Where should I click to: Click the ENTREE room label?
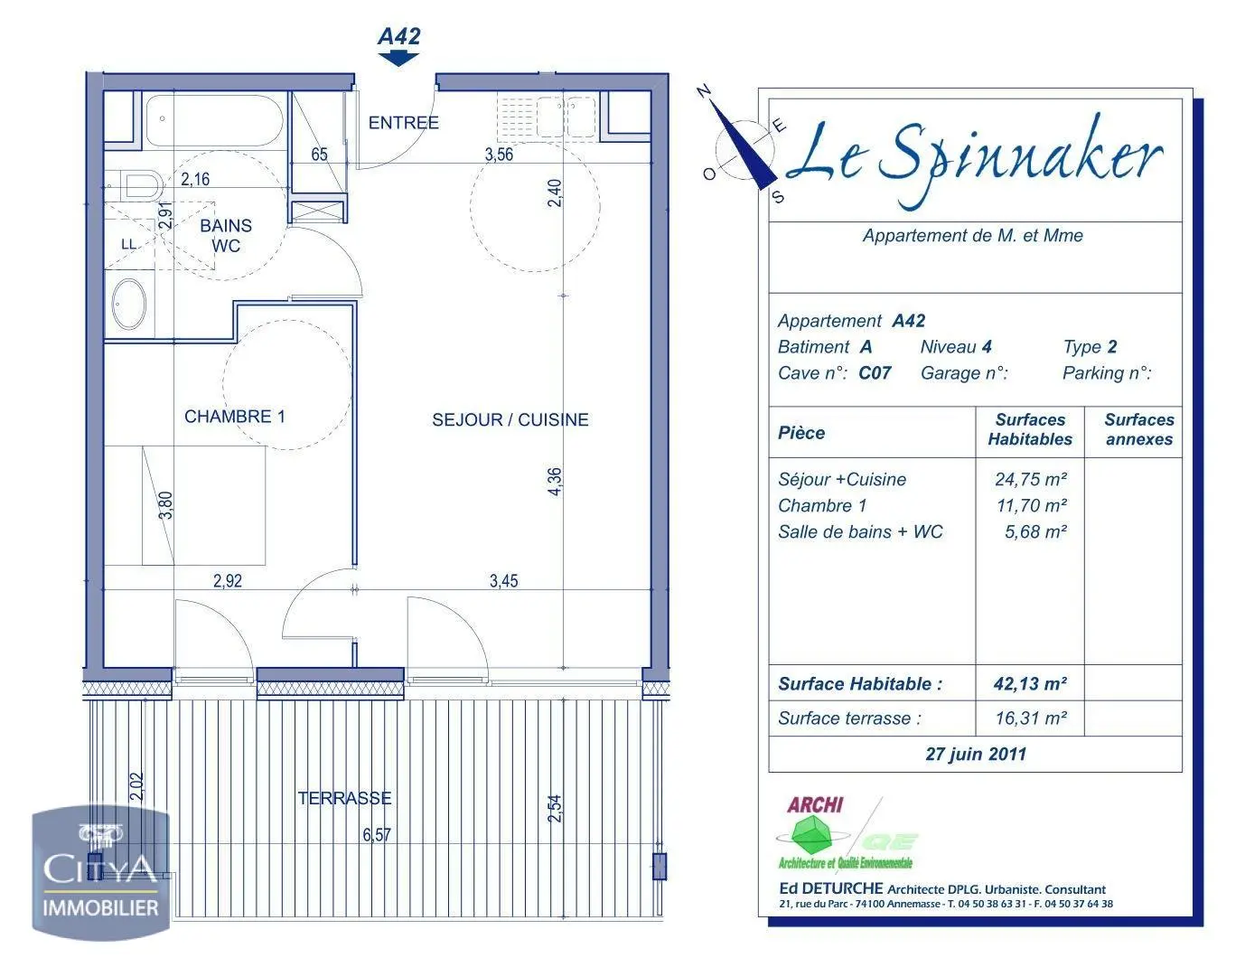point(403,123)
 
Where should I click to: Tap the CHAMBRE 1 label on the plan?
point(235,417)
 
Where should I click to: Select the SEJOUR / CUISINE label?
point(510,419)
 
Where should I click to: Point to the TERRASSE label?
point(344,798)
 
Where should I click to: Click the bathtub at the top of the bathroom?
point(215,120)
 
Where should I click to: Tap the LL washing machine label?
point(128,244)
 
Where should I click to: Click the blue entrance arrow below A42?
point(398,59)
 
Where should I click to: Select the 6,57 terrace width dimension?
point(377,834)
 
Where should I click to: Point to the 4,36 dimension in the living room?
point(555,481)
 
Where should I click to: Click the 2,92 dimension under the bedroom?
point(228,581)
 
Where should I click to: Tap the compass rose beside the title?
point(744,146)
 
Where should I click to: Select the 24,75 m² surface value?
point(1030,480)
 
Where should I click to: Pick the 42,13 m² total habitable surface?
point(1030,684)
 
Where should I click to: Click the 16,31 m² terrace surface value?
point(1030,718)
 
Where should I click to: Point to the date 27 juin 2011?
point(976,754)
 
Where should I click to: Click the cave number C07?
point(875,373)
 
